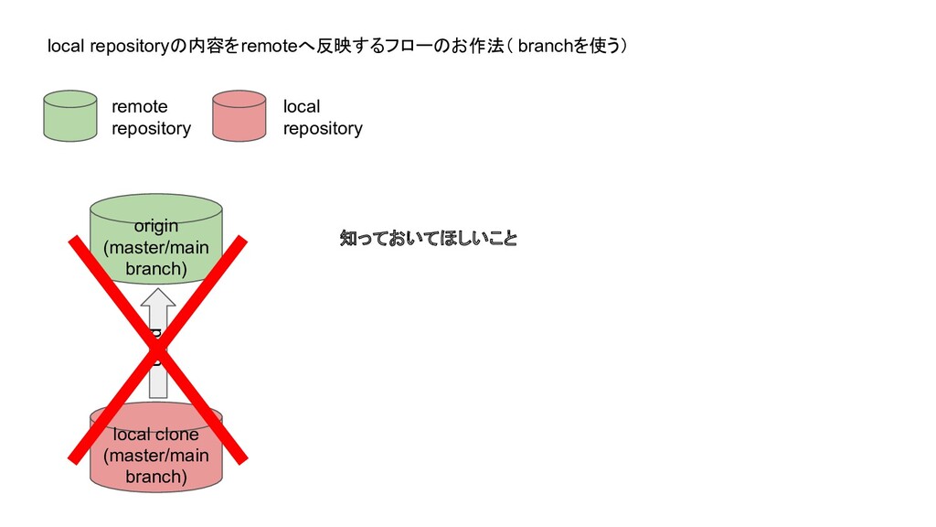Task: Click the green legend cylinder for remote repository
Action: pyautogui.click(x=70, y=116)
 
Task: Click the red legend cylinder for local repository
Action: pyautogui.click(x=239, y=116)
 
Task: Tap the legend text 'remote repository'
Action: pyautogui.click(x=151, y=117)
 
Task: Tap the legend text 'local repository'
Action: pyautogui.click(x=322, y=117)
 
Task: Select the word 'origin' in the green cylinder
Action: pyautogui.click(x=155, y=226)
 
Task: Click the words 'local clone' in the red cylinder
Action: pyautogui.click(x=155, y=435)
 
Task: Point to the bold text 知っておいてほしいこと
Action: pyautogui.click(x=428, y=240)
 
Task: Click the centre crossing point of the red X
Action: pyautogui.click(x=157, y=349)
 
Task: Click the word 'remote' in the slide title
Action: pyautogui.click(x=263, y=47)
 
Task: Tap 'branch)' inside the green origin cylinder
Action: pyautogui.click(x=155, y=269)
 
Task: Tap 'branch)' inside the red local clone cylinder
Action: pyautogui.click(x=155, y=477)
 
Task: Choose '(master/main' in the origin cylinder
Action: pyautogui.click(x=155, y=248)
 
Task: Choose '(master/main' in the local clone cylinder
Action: pyautogui.click(x=155, y=456)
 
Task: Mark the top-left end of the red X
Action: pyautogui.click(x=73, y=241)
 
